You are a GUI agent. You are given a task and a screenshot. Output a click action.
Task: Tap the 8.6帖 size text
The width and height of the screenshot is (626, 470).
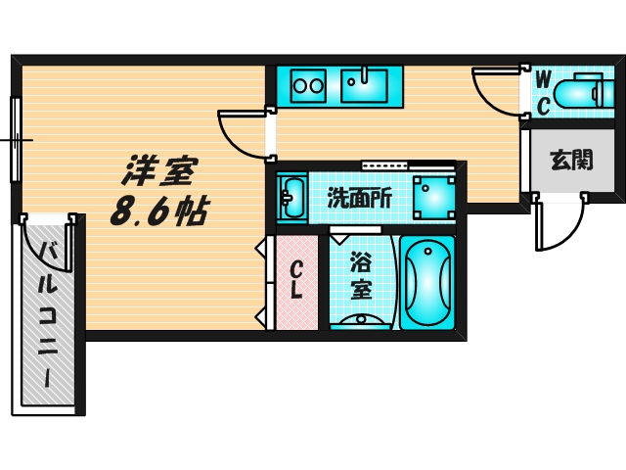(156, 210)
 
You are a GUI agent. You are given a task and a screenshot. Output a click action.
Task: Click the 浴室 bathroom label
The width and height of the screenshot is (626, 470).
(361, 276)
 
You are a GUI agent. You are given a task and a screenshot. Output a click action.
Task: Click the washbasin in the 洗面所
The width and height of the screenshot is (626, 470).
(291, 197)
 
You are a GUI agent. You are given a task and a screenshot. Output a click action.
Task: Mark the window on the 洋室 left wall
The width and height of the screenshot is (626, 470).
(15, 139)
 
